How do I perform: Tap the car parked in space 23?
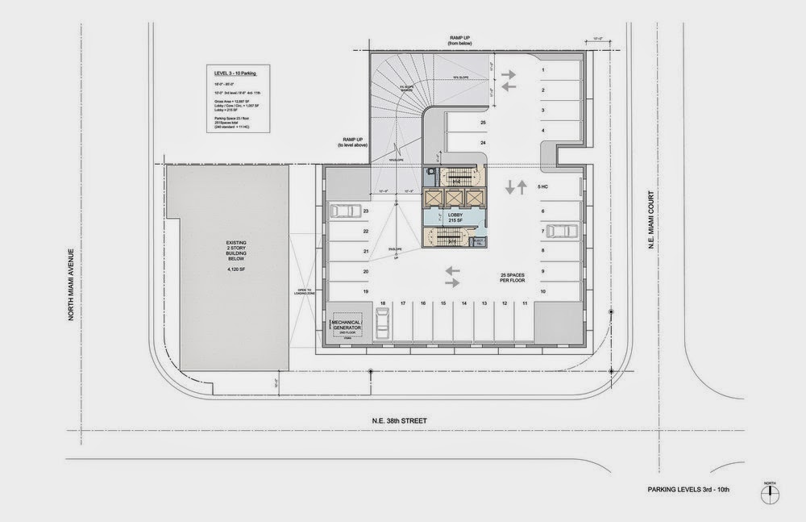pos(346,211)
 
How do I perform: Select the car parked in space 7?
pos(561,231)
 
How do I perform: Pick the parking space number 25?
pos(483,123)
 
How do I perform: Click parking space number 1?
pos(544,69)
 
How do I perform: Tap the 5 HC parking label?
pos(543,186)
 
